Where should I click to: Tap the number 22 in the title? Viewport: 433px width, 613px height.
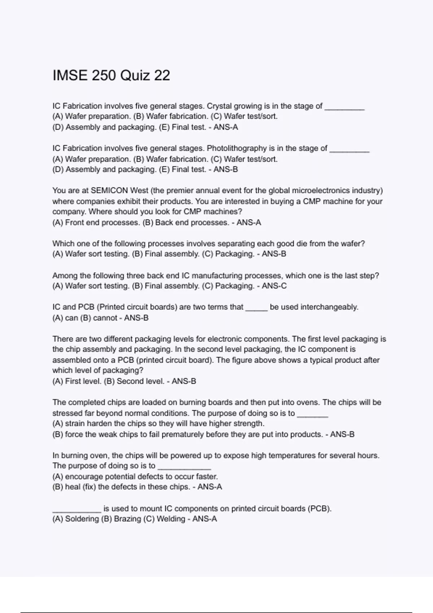162,75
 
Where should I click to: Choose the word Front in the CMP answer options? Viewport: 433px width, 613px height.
73,222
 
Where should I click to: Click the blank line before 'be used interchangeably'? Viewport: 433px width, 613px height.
257,309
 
